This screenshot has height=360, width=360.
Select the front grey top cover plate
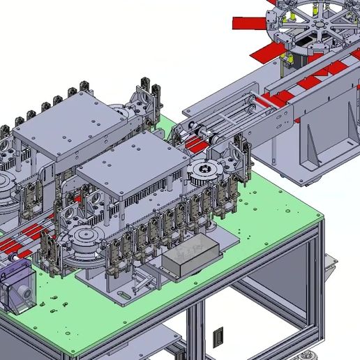(133, 160)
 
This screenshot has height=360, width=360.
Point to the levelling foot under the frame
(304, 354)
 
